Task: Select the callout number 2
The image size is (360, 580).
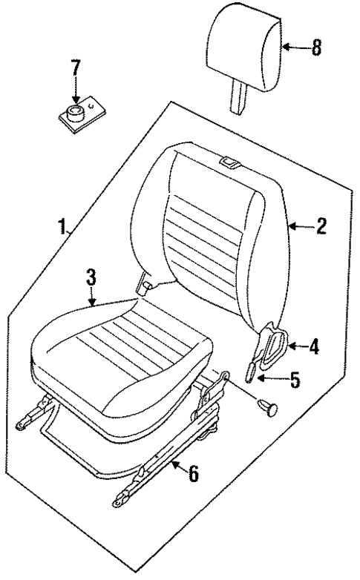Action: [x=321, y=226]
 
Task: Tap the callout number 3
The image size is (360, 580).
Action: [x=90, y=277]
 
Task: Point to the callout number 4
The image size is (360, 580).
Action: [x=314, y=346]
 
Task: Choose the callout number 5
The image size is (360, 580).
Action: [x=295, y=380]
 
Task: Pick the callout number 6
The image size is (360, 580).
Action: [x=193, y=474]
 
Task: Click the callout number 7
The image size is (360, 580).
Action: [x=74, y=68]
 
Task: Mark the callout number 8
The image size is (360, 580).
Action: [x=315, y=49]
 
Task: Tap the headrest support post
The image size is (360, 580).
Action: [x=238, y=97]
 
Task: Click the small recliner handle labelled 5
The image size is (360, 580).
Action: [x=253, y=371]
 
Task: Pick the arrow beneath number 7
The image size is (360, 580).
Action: [x=75, y=95]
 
